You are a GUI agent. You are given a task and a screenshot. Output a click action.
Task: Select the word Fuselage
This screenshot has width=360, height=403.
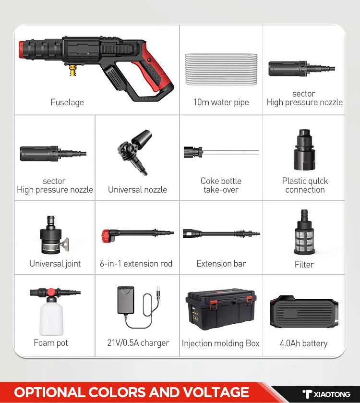tap(67, 102)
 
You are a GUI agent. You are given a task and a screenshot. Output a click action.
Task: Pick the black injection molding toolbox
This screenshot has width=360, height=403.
tap(220, 310)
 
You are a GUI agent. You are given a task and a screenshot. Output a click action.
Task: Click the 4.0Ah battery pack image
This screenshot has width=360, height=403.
tap(304, 312)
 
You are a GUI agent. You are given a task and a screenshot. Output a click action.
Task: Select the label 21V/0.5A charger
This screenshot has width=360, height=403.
tap(138, 343)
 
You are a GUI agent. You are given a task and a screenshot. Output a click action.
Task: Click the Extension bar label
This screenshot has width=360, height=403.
tap(221, 264)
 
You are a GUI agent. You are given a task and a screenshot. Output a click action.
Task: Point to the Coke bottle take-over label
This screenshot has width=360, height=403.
tap(221, 185)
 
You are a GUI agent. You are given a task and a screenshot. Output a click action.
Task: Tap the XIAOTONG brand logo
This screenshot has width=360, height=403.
tap(326, 394)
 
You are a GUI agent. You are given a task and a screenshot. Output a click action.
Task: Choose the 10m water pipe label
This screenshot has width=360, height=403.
tap(221, 102)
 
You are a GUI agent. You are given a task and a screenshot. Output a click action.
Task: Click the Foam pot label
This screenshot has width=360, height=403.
tap(51, 343)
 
